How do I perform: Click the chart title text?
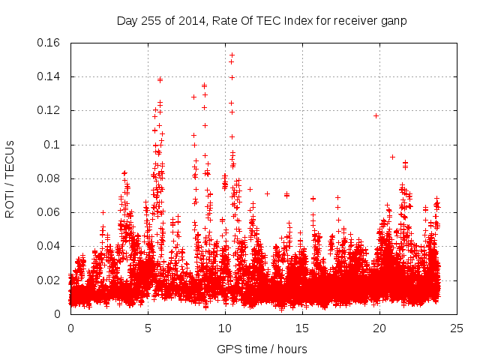point(262,20)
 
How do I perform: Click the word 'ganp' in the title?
point(394,21)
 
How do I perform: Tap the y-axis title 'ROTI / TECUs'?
point(10,178)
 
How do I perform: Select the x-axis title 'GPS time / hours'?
point(262,349)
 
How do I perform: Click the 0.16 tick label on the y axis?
point(50,43)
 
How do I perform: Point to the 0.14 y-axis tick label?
point(50,76)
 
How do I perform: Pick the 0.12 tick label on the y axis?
point(50,110)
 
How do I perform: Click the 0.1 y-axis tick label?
point(54,145)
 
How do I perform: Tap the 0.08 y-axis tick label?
point(50,178)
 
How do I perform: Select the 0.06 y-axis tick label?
point(50,212)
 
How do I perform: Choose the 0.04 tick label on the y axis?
point(50,246)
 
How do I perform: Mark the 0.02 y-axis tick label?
point(50,280)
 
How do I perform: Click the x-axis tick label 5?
point(148,328)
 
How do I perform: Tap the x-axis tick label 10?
point(225,328)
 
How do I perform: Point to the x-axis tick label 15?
point(302,328)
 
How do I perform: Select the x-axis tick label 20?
point(379,328)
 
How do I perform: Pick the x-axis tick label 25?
point(457,328)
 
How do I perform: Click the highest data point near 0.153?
point(232,55)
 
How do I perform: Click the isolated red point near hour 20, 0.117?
point(376,115)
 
